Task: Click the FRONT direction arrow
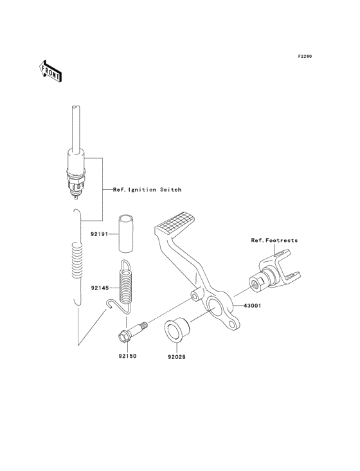(x=50, y=71)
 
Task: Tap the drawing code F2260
(x=305, y=56)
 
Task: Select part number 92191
(x=99, y=234)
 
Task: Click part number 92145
(x=100, y=288)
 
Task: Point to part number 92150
(x=127, y=356)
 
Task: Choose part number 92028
(x=176, y=357)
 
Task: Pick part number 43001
(x=252, y=306)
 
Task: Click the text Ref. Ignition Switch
(x=147, y=190)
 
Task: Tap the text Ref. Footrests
(x=274, y=240)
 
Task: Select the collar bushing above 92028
(x=177, y=330)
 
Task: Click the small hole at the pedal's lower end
(x=232, y=324)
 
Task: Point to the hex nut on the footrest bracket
(x=257, y=284)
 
